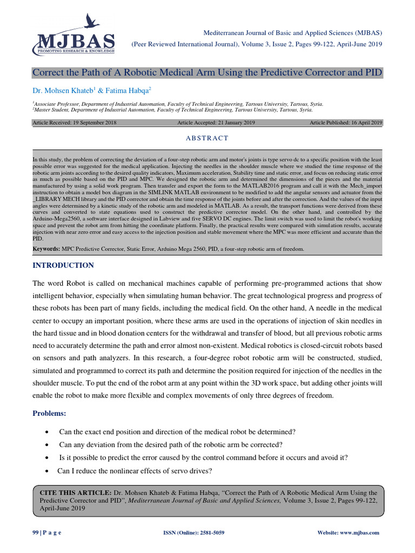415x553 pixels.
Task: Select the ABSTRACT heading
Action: [207, 138]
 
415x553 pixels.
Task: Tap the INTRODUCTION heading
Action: [63, 265]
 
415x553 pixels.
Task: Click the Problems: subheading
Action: [49, 413]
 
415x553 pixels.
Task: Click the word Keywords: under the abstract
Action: [46, 249]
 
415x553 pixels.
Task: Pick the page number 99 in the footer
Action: [36, 532]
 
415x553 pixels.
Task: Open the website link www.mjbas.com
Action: [360, 532]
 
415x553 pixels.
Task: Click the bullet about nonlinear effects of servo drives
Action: [135, 470]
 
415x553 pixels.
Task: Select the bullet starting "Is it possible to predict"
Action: [203, 457]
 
